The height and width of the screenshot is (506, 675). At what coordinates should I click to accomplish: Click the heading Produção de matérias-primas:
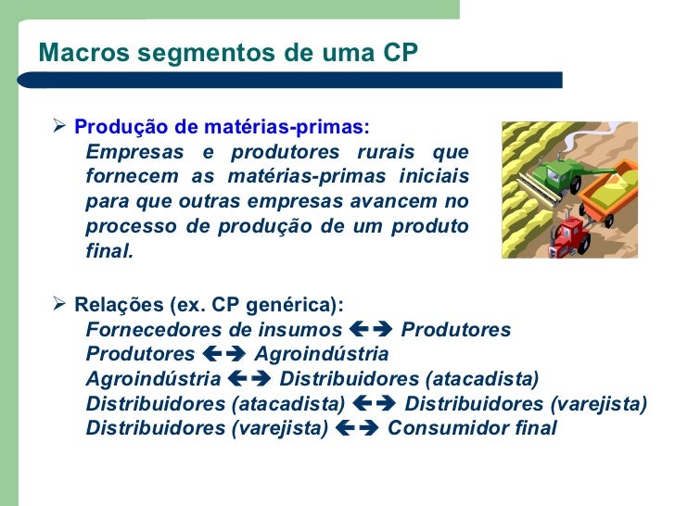pos(221,127)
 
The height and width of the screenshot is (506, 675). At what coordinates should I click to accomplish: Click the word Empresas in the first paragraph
pos(129,152)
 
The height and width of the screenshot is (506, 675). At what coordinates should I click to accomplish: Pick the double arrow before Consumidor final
pos(357,428)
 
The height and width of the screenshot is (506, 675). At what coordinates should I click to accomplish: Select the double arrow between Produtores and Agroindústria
pos(224,355)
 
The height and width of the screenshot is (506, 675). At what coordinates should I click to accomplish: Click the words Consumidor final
pos(472,428)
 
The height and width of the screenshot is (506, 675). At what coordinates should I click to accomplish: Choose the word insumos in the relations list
pos(305,330)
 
